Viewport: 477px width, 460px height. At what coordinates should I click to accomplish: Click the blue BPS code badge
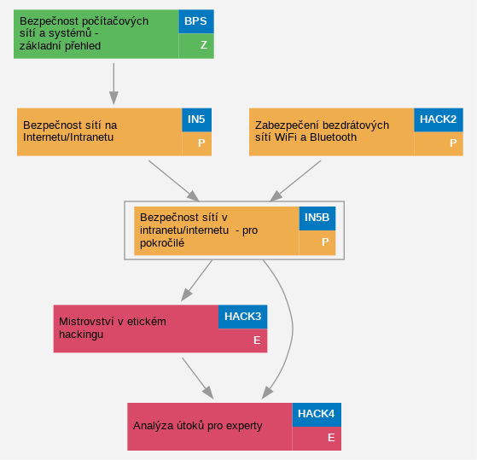coord(196,21)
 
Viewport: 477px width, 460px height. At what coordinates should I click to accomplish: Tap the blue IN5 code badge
coord(197,119)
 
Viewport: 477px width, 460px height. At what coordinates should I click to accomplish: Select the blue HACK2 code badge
coord(439,119)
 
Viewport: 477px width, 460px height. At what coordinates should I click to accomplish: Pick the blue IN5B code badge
coord(317,218)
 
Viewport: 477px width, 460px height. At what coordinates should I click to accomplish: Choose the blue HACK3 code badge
coord(242,317)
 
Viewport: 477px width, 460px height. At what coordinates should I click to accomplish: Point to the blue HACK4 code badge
coord(317,415)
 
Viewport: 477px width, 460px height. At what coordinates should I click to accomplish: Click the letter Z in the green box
coord(204,45)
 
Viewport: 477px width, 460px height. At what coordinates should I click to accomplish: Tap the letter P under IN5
coord(201,143)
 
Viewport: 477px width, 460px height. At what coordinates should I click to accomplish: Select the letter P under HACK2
coord(453,143)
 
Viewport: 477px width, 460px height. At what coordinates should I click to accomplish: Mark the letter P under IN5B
coord(325,242)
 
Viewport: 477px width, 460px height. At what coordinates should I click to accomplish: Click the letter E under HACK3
coord(257,341)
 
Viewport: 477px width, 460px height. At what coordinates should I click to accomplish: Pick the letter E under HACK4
coord(331,438)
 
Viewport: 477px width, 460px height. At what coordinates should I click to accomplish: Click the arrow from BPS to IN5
coord(113,84)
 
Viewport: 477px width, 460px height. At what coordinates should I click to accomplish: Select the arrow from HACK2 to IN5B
coord(295,181)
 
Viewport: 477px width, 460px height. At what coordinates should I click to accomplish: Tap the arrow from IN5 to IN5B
coord(174,181)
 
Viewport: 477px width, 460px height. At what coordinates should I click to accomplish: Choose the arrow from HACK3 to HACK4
coord(198,378)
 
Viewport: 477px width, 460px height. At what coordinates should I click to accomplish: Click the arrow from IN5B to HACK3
coord(196,281)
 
